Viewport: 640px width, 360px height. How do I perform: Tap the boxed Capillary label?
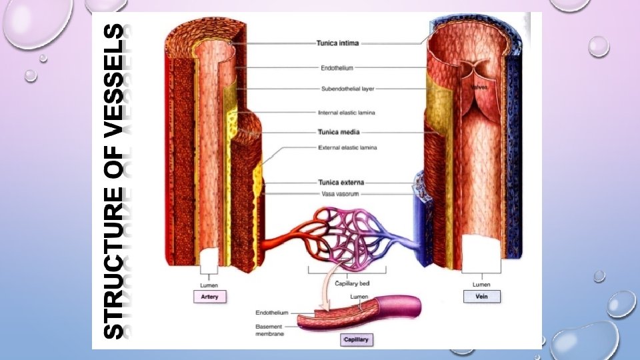click(x=355, y=340)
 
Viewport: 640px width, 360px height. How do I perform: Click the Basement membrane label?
click(x=269, y=330)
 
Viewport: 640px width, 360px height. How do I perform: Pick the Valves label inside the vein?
click(x=480, y=87)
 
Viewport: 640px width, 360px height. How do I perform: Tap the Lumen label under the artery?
click(x=210, y=285)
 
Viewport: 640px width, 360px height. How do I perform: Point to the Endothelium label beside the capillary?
click(x=273, y=311)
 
